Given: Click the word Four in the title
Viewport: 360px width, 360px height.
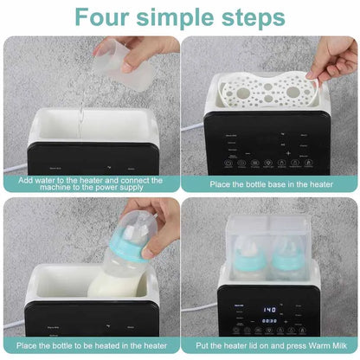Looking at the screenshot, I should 105,17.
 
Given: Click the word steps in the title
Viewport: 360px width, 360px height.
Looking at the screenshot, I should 254,17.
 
